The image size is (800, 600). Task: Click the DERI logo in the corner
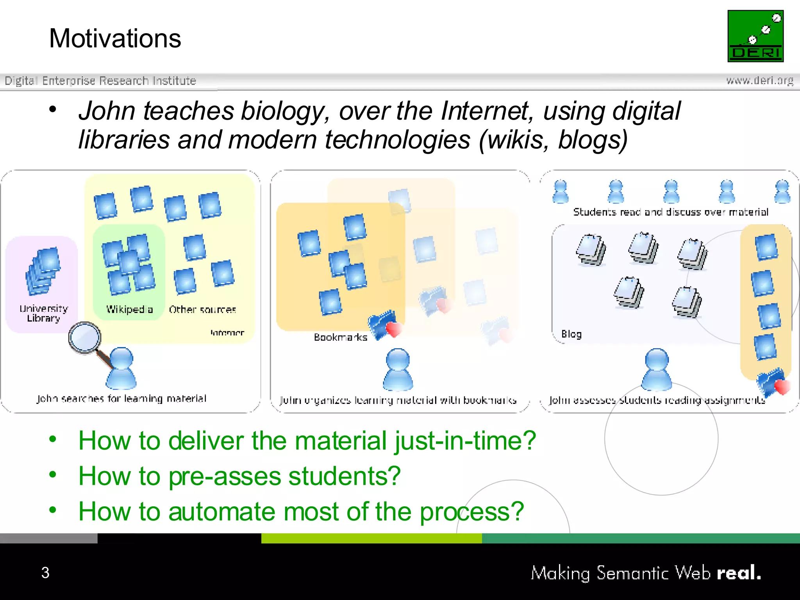pos(755,36)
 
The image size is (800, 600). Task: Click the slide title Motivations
pos(115,39)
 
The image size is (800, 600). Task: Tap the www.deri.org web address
pos(759,80)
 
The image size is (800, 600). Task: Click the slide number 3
pos(45,573)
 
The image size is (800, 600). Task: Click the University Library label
pos(43,313)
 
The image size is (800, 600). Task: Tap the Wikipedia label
pos(129,309)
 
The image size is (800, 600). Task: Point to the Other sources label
pos(202,310)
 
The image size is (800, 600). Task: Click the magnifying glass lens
pos(85,337)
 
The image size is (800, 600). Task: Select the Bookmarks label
pos(340,337)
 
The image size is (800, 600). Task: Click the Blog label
pos(571,334)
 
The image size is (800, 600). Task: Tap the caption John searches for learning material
pos(121,398)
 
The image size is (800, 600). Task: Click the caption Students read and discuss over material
pos(670,212)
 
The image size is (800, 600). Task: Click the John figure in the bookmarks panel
pos(398,370)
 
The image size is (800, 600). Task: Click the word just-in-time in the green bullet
pos(465,441)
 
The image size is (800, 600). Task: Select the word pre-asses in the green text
pos(225,476)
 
